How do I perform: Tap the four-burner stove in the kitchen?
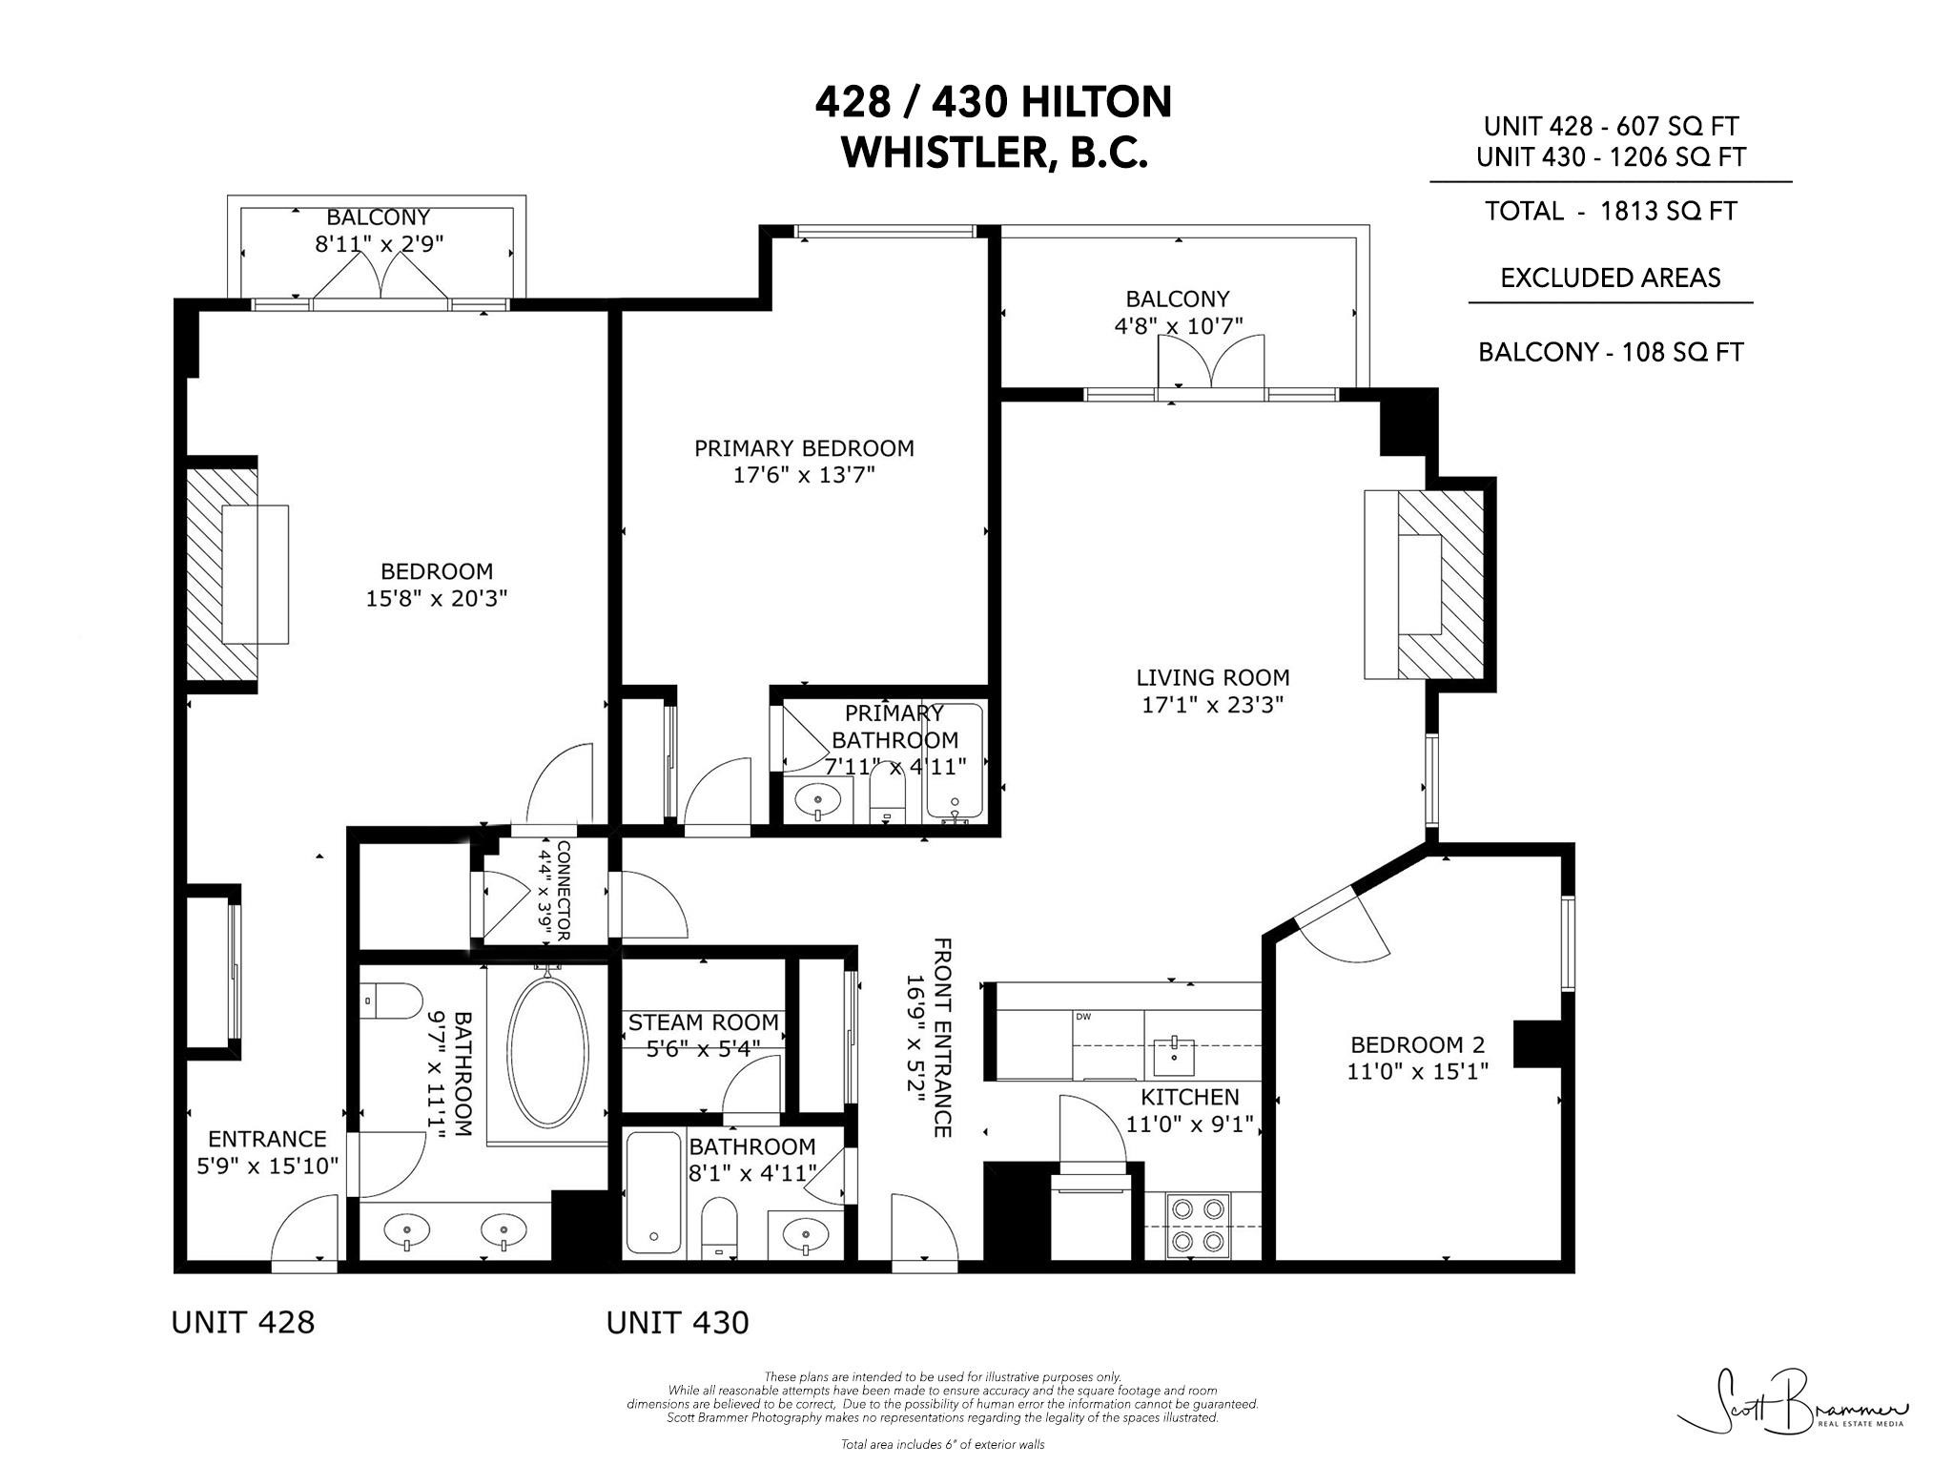[1199, 1225]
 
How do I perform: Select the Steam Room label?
[704, 1022]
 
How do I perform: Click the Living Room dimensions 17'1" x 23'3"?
[1212, 705]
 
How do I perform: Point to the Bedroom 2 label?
[1417, 1044]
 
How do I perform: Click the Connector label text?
[563, 891]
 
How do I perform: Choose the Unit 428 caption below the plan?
[242, 1322]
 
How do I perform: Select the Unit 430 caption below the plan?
[677, 1323]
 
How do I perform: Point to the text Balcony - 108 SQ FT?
[1610, 352]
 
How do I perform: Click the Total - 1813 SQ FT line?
[1610, 211]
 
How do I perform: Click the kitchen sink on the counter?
[1174, 1054]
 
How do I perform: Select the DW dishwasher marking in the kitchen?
[1082, 1017]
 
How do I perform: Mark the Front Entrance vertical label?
[941, 1038]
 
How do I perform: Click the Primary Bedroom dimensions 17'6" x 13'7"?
[803, 475]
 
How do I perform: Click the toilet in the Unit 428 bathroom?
[394, 1001]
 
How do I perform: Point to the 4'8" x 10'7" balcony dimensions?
[1178, 326]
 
